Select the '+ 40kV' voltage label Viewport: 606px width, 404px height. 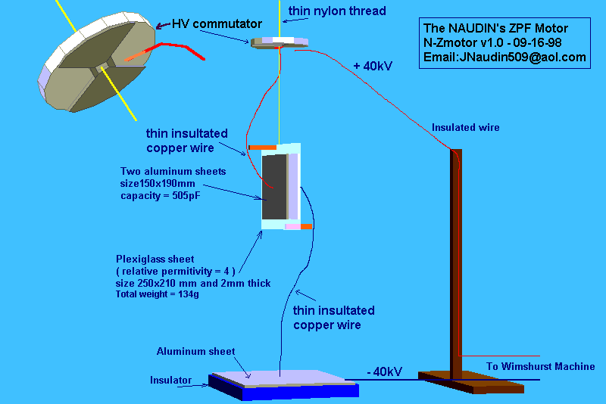pos(373,67)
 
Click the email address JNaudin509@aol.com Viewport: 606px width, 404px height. pos(504,57)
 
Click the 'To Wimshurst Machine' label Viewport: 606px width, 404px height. pos(541,367)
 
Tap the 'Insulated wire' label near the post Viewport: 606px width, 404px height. pos(465,128)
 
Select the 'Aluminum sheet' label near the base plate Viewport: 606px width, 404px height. pos(195,352)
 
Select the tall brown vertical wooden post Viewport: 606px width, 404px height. pos(456,257)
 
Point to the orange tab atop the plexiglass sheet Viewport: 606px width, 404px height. pos(263,146)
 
